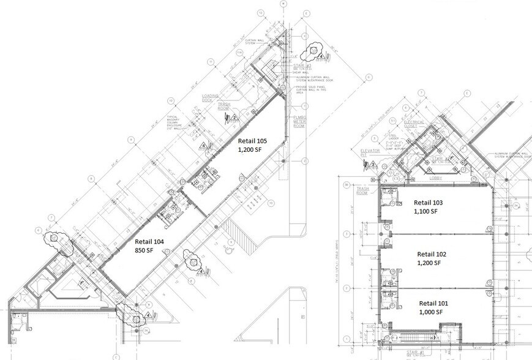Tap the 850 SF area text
click(145, 250)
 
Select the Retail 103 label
click(432, 202)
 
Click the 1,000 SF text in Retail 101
click(432, 312)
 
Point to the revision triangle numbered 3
click(372, 164)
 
